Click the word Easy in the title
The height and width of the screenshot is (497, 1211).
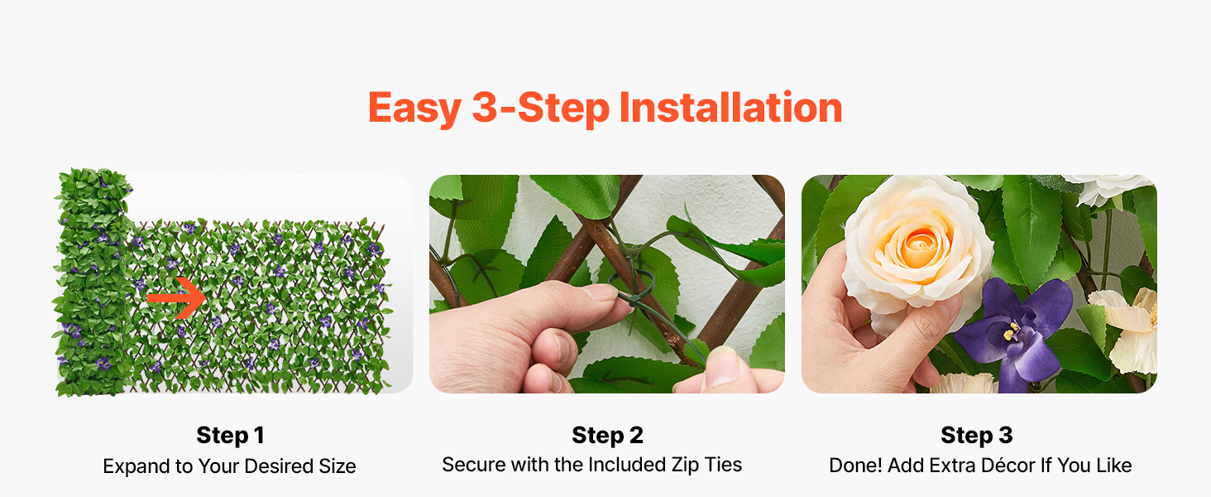(414, 109)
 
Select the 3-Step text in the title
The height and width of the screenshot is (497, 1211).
(541, 109)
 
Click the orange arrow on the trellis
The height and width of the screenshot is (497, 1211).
(176, 297)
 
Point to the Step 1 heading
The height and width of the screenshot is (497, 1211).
(230, 435)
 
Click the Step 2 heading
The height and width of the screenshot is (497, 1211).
(607, 435)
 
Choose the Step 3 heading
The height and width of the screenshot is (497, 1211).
(976, 435)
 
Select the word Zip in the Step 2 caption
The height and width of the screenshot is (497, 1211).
(685, 465)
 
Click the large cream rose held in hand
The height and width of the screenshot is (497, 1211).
(917, 249)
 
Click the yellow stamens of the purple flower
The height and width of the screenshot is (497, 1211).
(1011, 331)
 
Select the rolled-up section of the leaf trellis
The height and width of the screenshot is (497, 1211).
(93, 282)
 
